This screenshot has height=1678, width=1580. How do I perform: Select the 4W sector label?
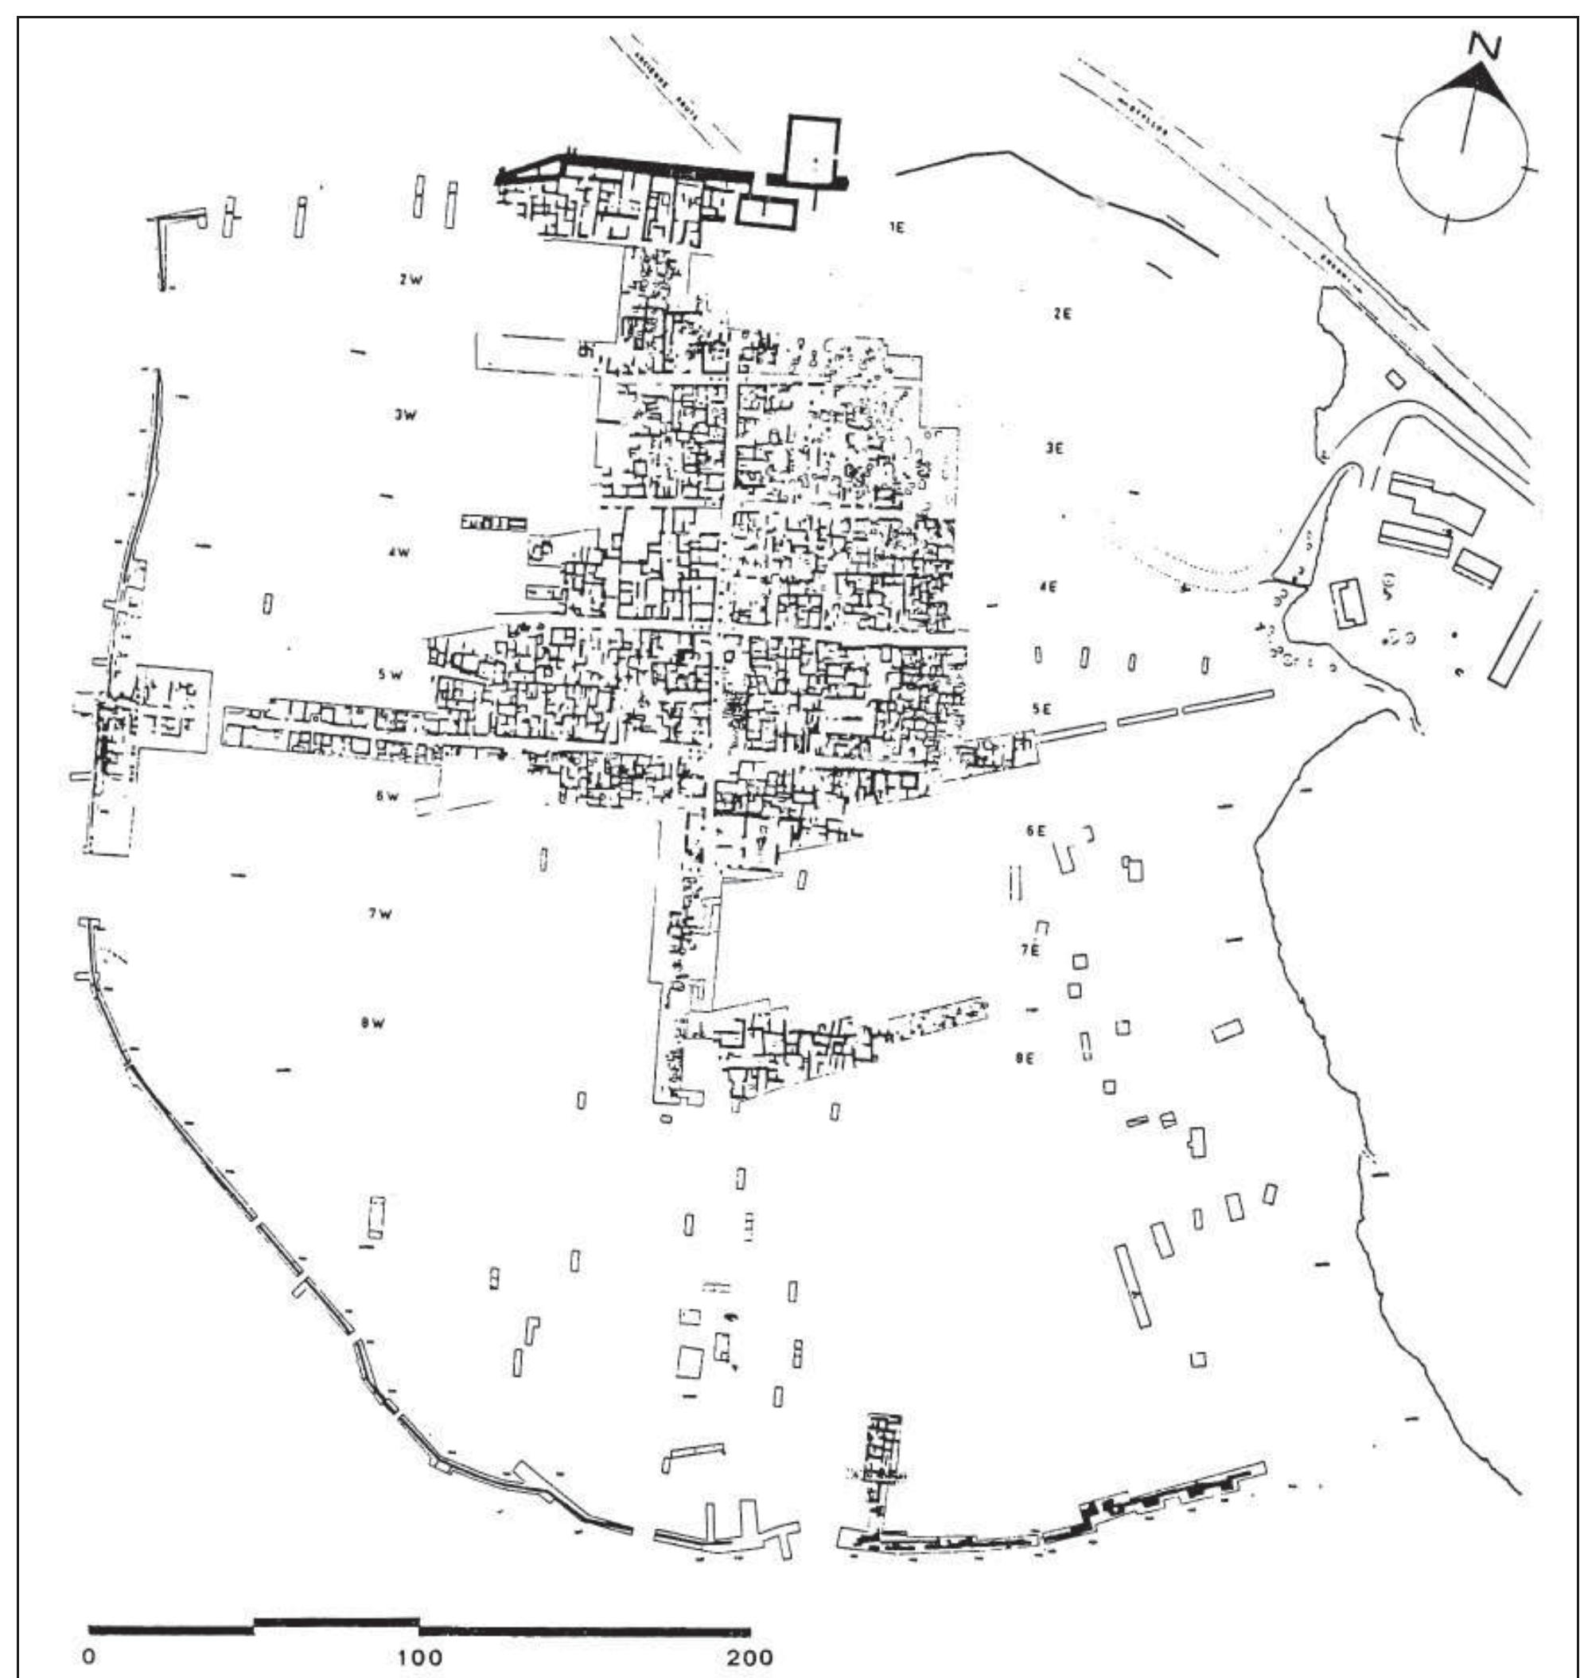[399, 553]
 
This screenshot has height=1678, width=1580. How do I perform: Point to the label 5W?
[390, 675]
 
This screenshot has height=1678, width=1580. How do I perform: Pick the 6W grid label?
[386, 796]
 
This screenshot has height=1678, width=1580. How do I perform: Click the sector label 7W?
[379, 914]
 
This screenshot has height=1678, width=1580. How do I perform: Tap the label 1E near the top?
[897, 228]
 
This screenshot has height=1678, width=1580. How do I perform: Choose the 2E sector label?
[1062, 314]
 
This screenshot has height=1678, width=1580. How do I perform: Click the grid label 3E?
[1053, 449]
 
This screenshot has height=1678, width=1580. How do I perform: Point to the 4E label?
[1049, 586]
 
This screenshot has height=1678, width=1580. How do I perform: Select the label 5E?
[1042, 710]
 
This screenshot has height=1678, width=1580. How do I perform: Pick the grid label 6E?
[1036, 831]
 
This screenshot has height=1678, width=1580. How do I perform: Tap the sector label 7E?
[1029, 949]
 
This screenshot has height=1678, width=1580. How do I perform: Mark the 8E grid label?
[1025, 1057]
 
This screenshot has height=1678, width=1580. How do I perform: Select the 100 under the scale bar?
[420, 1633]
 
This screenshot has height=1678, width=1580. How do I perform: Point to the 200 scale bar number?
[749, 1633]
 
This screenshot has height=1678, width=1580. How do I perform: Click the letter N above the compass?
[1485, 46]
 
